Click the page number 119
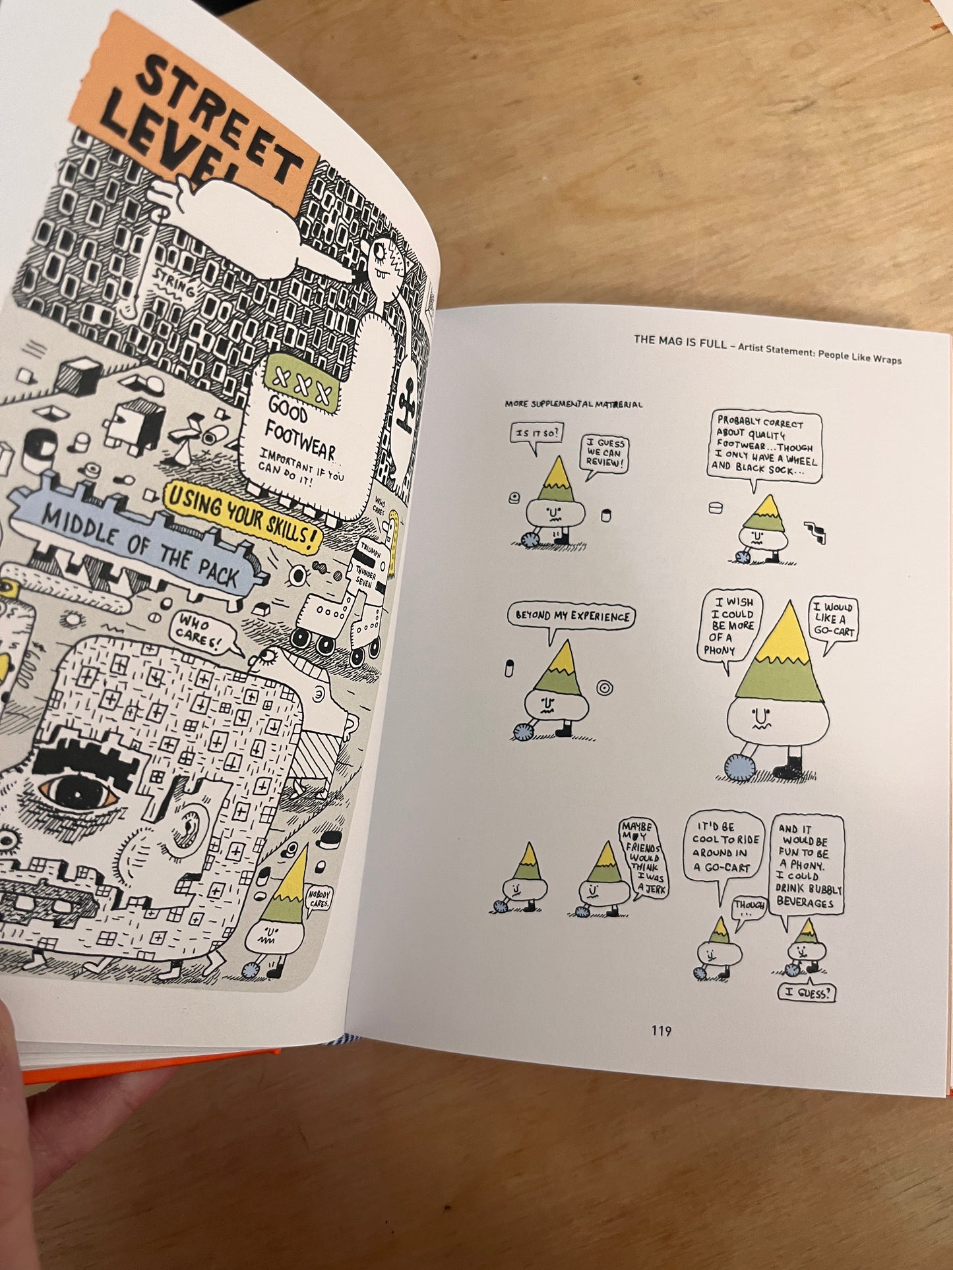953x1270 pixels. (x=661, y=1031)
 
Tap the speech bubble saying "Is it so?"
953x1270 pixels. (x=536, y=434)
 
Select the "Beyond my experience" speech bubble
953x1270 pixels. (x=572, y=616)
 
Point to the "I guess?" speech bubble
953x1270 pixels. (x=807, y=993)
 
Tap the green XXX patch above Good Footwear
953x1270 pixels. (x=303, y=380)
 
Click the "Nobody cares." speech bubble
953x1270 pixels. (x=319, y=899)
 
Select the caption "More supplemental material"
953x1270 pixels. (x=573, y=404)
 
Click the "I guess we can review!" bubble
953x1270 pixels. (x=604, y=453)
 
